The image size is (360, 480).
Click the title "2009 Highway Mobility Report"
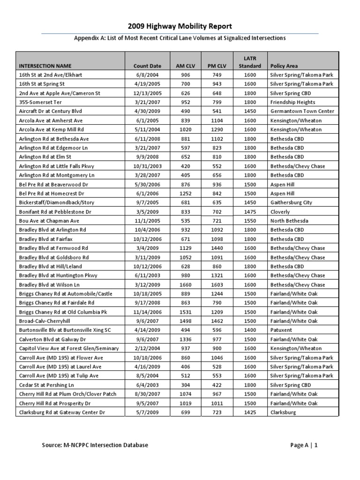(180, 26)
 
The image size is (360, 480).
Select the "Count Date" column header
(147, 66)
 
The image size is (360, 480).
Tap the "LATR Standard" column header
(249, 62)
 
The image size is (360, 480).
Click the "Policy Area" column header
(284, 66)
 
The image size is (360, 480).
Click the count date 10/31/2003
(147, 166)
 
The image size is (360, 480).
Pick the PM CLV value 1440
(217, 248)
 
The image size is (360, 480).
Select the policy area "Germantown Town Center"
(302, 111)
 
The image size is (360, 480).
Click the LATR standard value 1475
(249, 211)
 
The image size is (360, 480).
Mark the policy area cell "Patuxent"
(281, 330)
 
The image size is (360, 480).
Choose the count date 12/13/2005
(147, 93)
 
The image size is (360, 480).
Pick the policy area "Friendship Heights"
(292, 102)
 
